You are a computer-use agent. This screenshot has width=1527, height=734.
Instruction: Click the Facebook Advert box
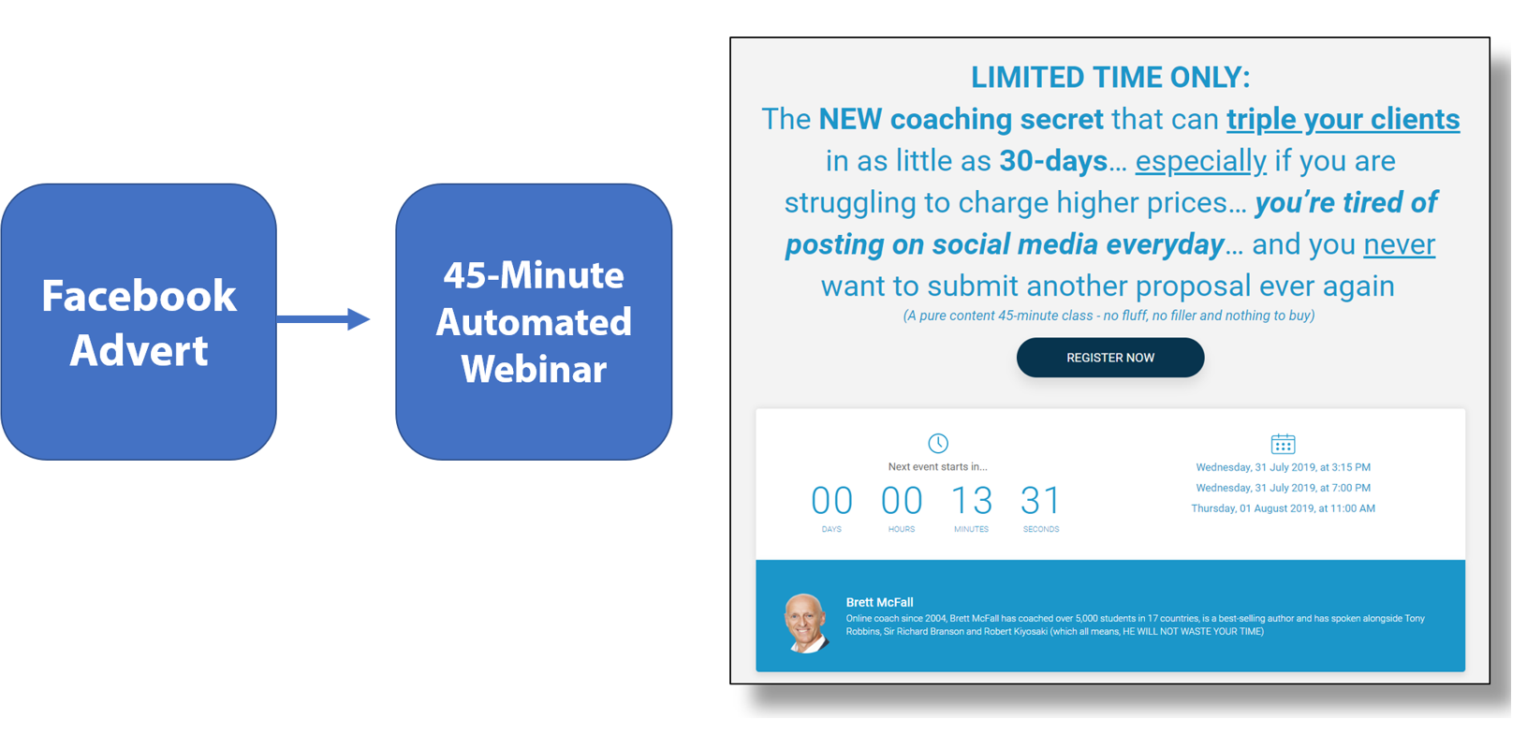pos(139,322)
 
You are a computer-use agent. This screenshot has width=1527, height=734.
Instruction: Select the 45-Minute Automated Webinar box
pos(534,322)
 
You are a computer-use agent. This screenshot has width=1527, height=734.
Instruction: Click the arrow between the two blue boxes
pos(323,319)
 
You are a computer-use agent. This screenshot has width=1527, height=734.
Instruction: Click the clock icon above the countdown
pos(938,443)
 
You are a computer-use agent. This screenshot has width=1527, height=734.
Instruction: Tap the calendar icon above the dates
pos(1283,444)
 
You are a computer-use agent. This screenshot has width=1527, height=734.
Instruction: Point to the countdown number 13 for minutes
pos(972,501)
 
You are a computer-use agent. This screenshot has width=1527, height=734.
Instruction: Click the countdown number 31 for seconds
pos(1040,501)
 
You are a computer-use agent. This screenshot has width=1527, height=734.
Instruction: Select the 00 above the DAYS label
pos(831,501)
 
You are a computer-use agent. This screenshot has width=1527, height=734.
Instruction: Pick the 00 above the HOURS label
pos(902,501)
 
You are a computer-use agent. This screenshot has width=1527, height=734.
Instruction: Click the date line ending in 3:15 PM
pos(1283,467)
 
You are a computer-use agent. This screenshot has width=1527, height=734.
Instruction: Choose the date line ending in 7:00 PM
pos(1283,488)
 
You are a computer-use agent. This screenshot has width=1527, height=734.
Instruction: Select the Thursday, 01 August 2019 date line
pos(1283,508)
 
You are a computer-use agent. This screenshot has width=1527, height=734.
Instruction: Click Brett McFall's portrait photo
pos(806,623)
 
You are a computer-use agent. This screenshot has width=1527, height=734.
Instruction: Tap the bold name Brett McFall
pos(879,603)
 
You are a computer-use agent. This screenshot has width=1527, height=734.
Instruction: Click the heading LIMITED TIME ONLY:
pos(1110,78)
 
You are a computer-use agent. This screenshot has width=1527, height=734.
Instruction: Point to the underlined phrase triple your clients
pos(1343,120)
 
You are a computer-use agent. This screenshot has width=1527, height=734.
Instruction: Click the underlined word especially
pos(1200,162)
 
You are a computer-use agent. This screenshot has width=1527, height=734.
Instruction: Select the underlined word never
pos(1399,244)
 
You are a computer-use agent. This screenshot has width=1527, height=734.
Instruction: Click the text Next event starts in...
pos(937,467)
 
